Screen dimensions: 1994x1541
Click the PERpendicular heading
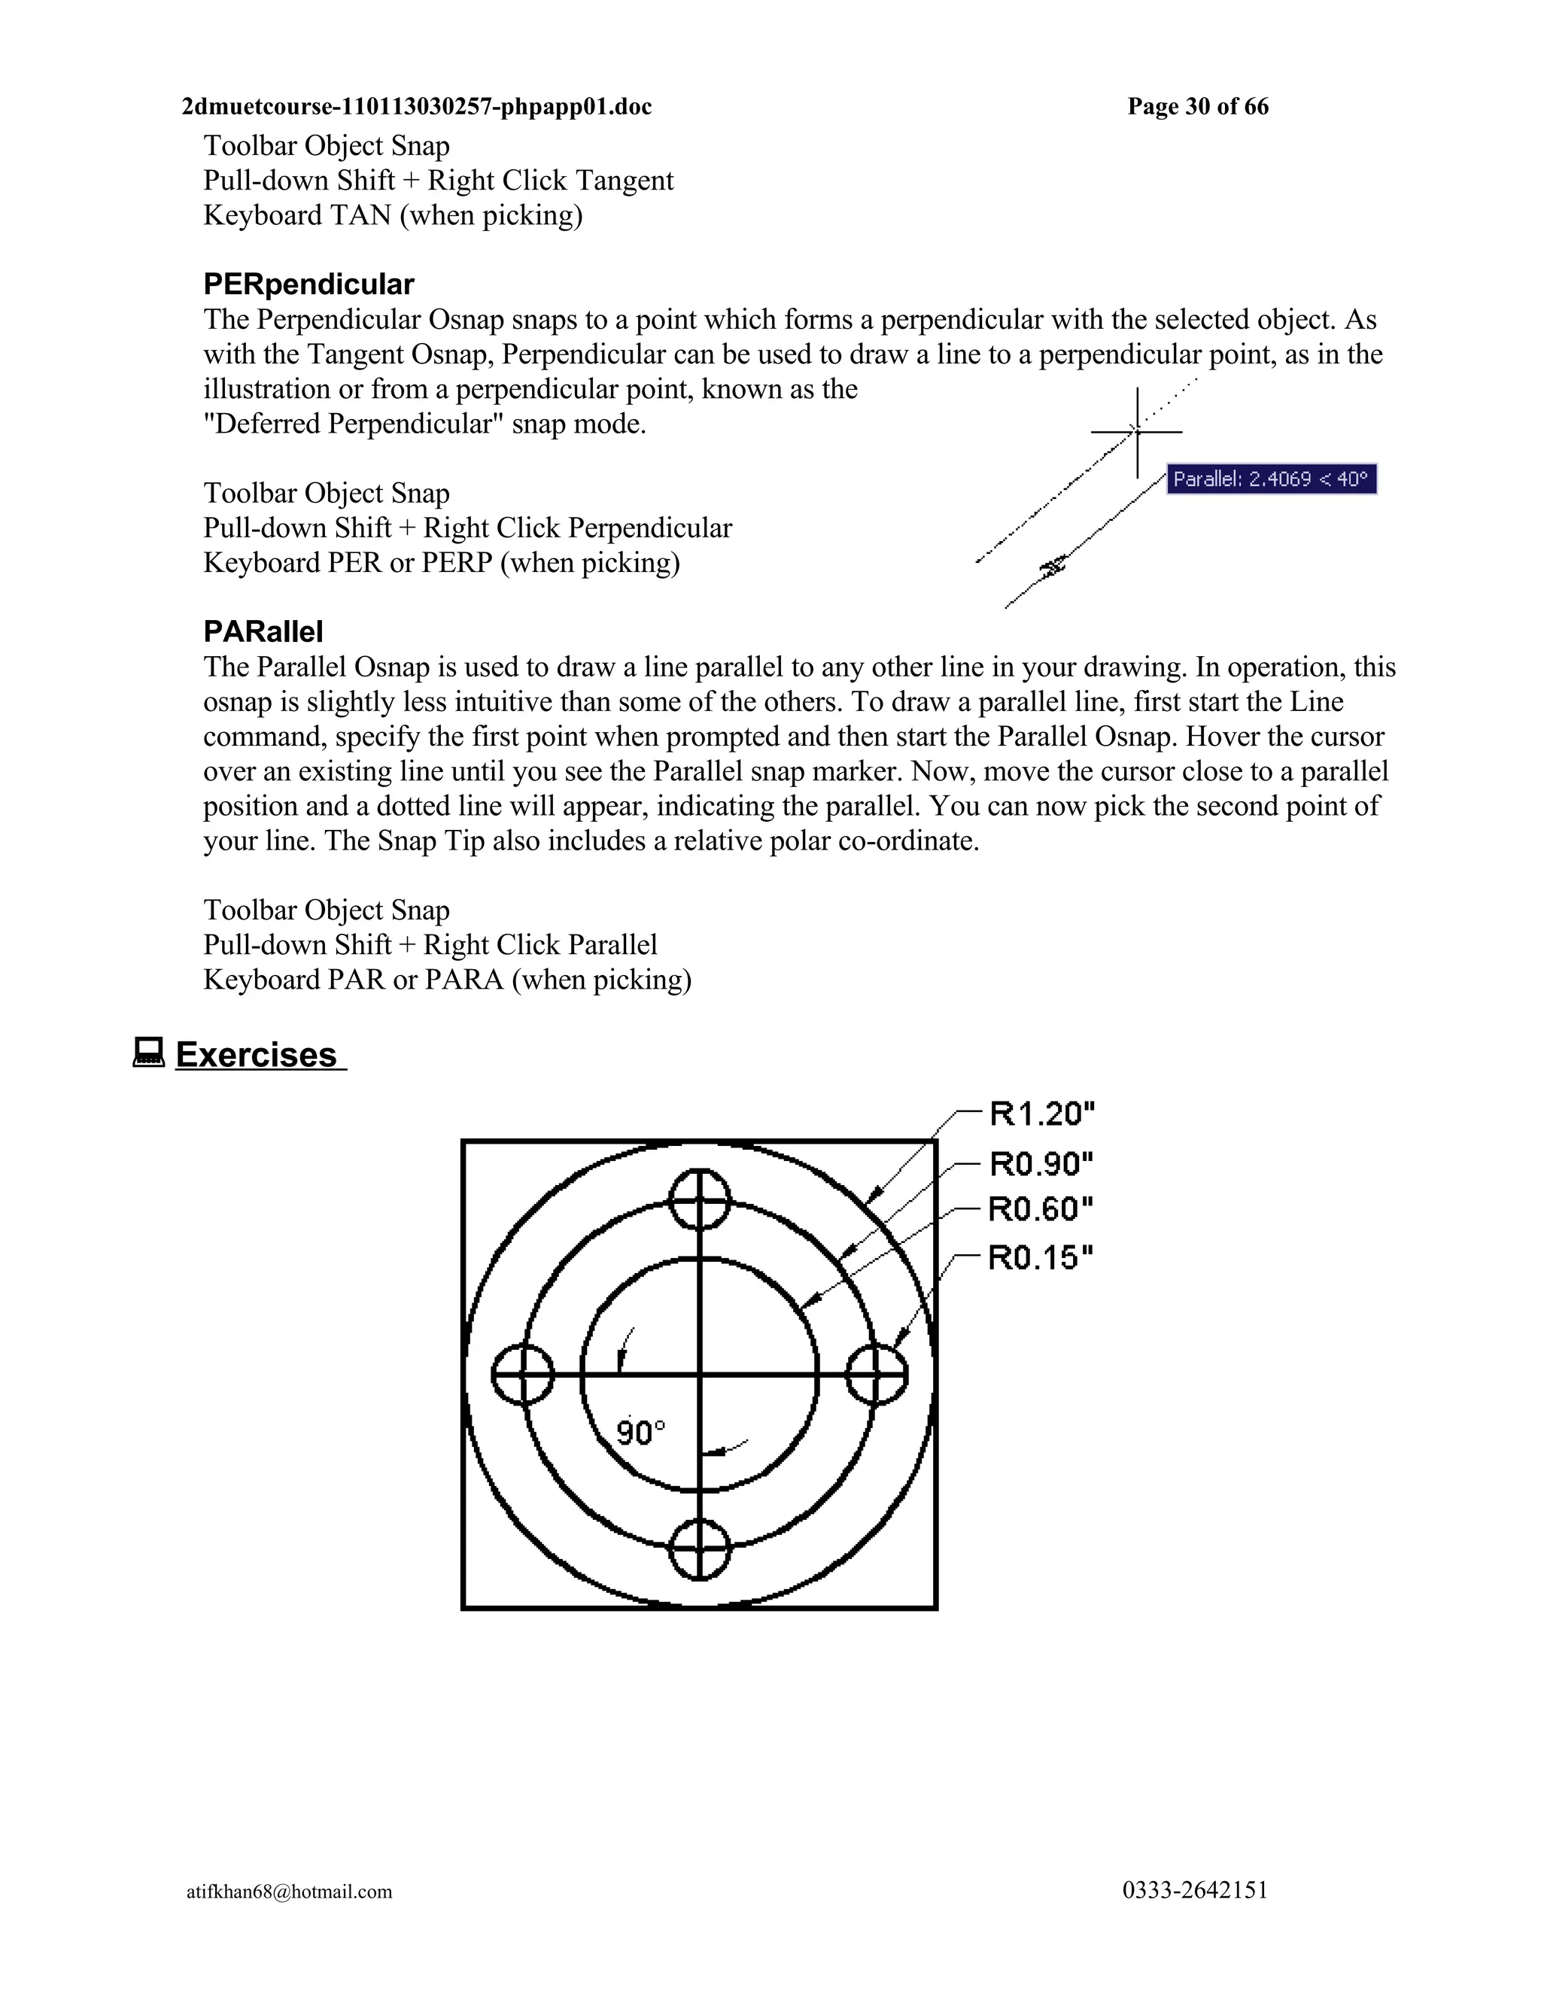(309, 285)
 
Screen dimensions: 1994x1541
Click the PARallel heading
(263, 632)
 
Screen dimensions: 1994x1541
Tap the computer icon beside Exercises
(148, 1052)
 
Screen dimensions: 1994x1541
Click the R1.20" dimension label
(1041, 1114)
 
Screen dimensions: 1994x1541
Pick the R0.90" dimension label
(1041, 1164)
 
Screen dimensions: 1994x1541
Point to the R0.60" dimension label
(1041, 1210)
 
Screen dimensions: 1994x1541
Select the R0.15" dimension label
(1041, 1258)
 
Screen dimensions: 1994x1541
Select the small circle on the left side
(523, 1374)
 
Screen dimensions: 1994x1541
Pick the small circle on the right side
(877, 1374)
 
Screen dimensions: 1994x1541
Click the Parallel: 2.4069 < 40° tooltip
(1271, 479)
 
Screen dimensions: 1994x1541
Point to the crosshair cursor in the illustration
(1137, 431)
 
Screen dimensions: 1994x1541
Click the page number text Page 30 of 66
(1198, 107)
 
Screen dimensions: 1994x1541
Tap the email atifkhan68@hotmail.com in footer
(290, 1892)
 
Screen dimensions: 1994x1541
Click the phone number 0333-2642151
(1195, 1890)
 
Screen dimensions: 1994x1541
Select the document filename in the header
(416, 107)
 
